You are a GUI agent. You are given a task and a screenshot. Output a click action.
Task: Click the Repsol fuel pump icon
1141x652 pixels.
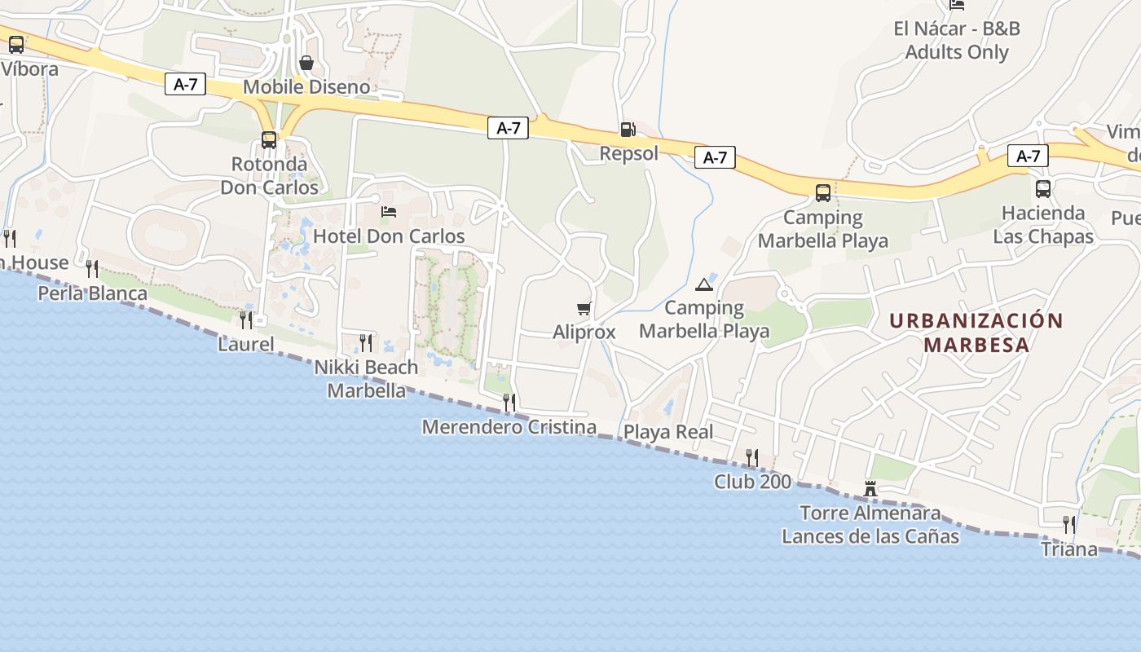click(x=628, y=129)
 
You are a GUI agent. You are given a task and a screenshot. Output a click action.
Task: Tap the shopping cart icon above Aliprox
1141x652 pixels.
click(x=584, y=308)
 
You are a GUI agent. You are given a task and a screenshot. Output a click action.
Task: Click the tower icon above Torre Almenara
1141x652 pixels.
click(x=870, y=489)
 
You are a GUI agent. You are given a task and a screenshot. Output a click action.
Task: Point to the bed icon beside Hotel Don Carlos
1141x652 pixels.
click(x=389, y=212)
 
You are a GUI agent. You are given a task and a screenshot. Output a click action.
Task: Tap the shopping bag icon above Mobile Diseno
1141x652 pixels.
click(x=306, y=63)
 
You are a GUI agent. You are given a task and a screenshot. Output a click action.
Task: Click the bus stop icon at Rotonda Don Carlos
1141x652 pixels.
click(x=269, y=140)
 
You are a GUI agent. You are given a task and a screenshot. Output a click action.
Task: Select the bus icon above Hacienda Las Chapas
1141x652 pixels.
click(x=1043, y=189)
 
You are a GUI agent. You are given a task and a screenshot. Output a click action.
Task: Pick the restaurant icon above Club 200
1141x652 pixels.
click(x=752, y=457)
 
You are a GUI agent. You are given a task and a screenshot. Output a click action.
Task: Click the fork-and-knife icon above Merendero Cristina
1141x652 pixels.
click(x=509, y=402)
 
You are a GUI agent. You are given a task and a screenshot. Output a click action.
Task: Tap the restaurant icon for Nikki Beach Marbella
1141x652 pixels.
click(x=366, y=342)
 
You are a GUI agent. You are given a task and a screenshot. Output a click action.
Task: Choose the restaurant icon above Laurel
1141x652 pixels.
click(x=246, y=319)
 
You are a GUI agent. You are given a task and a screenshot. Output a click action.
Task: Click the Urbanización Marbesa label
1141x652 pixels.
click(x=976, y=332)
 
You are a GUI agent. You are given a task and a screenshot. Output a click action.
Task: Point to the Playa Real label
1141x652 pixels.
click(x=668, y=432)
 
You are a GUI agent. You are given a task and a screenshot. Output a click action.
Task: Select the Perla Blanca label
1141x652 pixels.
click(x=93, y=293)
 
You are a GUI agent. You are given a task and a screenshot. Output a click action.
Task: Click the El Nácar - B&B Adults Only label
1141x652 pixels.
click(x=957, y=41)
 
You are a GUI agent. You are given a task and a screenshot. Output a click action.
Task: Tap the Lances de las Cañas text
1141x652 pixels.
click(x=870, y=536)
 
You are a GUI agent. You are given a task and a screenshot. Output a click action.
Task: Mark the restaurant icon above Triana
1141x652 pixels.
click(x=1069, y=524)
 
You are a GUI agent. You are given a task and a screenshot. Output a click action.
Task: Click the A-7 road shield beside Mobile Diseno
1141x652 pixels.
click(x=185, y=84)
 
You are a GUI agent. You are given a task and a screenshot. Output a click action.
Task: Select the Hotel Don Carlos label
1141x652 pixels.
click(x=389, y=236)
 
